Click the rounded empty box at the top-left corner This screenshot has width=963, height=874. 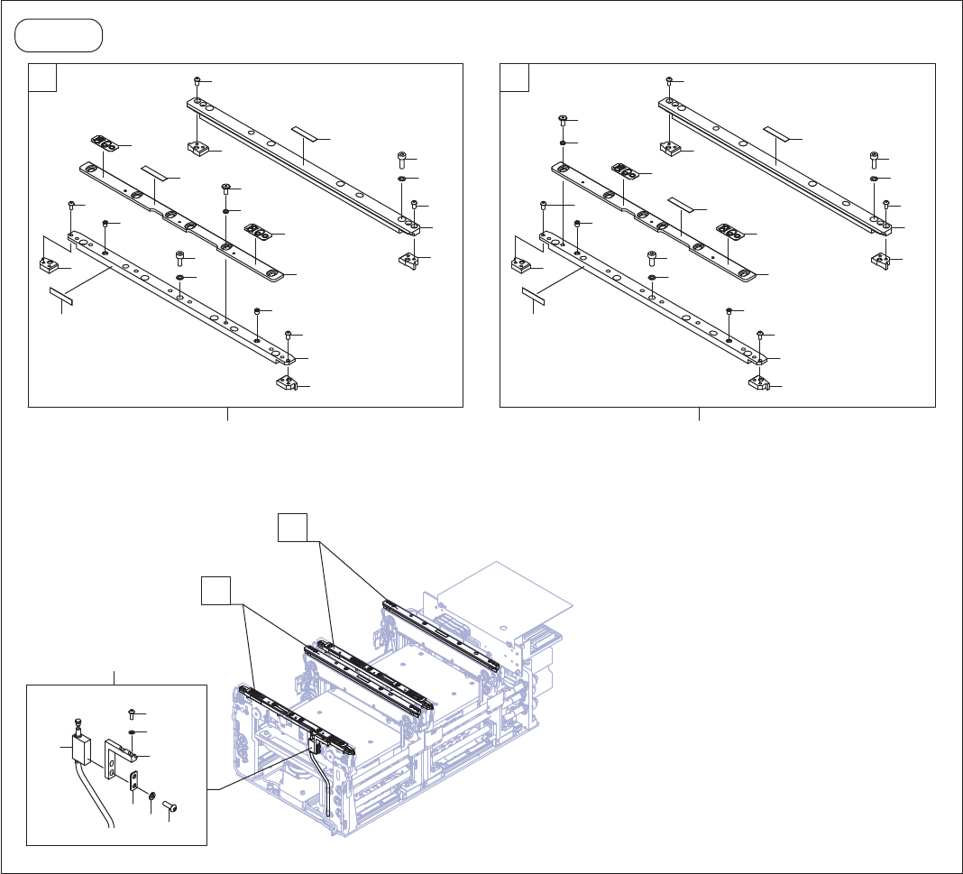click(x=59, y=36)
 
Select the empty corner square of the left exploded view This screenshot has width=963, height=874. click(x=43, y=78)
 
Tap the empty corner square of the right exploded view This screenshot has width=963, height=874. click(x=515, y=78)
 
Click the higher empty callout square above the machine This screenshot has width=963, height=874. click(x=292, y=528)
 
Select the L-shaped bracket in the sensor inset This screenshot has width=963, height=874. click(x=115, y=756)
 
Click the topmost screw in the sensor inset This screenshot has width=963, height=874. click(x=132, y=714)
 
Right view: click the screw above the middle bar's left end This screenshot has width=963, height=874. click(x=563, y=119)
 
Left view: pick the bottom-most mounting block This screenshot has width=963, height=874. click(x=285, y=383)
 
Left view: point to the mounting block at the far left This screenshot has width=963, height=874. click(x=48, y=264)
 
